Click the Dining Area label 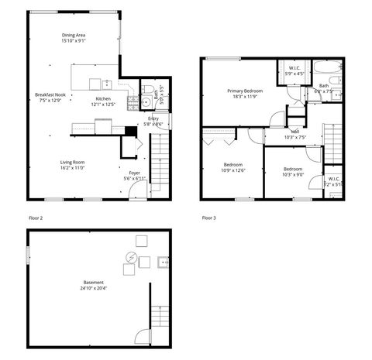(74, 36)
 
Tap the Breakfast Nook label (50, 94)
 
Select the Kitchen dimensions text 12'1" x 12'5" (103, 105)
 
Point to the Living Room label (72, 162)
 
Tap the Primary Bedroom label (245, 91)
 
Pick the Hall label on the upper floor (295, 132)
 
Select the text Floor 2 (35, 218)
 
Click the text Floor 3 (208, 218)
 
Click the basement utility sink (162, 262)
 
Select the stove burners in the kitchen (144, 101)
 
